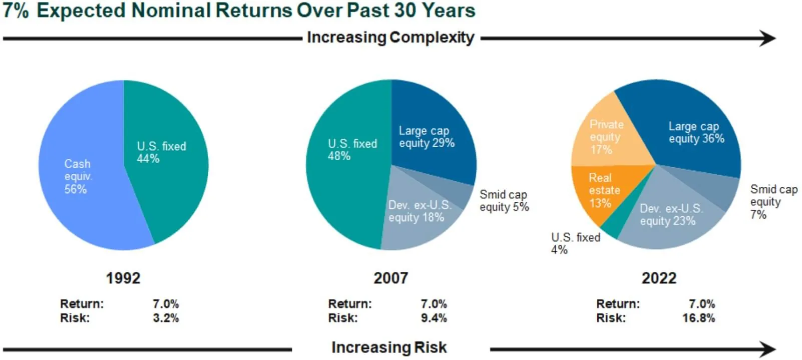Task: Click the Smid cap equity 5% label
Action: tap(504, 201)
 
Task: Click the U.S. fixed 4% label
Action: tap(575, 243)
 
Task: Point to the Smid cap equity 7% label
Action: tap(773, 202)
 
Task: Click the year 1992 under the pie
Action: tap(123, 278)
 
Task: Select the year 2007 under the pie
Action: tap(391, 278)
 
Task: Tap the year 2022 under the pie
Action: tap(659, 278)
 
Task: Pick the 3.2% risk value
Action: tap(166, 318)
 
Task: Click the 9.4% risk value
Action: tap(434, 318)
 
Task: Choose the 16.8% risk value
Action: tap(698, 318)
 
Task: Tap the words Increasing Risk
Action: tap(389, 347)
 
